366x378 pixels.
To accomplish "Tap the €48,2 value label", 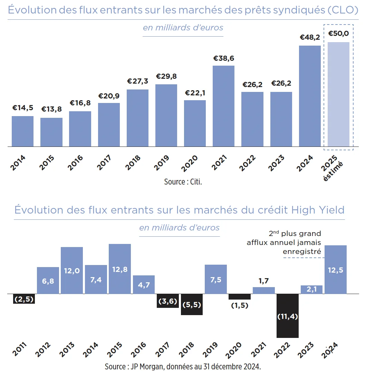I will coord(310,37).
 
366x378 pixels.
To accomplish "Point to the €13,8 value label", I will coord(51,109).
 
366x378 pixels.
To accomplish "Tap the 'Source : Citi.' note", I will coord(183,182).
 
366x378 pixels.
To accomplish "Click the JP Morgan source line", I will coord(183,367).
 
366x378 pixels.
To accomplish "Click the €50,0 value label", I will coord(338,34).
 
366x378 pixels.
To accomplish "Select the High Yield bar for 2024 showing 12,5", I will coord(336,270).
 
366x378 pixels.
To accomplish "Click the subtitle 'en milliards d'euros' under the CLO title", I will coord(183,28).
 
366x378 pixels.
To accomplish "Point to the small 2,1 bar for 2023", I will coord(311,290).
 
